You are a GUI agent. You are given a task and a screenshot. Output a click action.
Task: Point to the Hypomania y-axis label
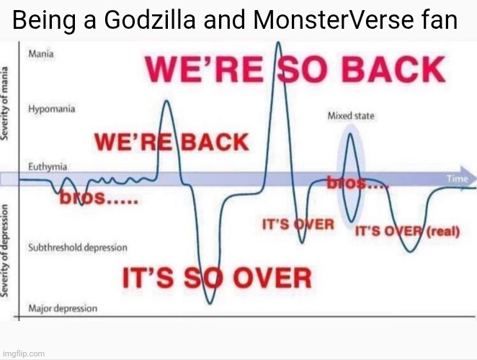coord(50,110)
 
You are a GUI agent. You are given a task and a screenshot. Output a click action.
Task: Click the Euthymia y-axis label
coord(48,166)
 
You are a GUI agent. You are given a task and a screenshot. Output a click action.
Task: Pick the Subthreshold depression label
coord(77,248)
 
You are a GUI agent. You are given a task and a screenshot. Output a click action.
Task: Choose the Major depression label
coord(62,309)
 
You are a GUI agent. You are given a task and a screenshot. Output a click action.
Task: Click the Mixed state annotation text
coord(351,115)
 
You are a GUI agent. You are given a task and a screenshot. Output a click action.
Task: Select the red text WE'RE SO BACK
coord(295,69)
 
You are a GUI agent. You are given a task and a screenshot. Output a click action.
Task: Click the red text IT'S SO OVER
coord(216,276)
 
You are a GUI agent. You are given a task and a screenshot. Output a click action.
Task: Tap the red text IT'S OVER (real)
coord(407,232)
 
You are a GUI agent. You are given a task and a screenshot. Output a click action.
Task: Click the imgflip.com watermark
coord(23,354)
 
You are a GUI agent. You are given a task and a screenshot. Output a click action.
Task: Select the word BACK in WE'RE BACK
coord(213,141)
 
